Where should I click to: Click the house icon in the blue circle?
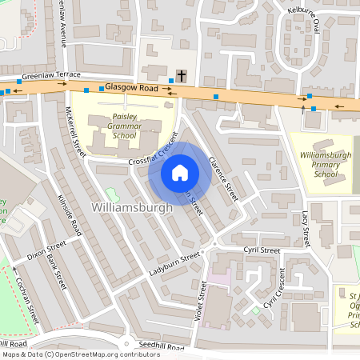[x=180, y=171]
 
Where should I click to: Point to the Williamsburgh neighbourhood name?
[x=133, y=208]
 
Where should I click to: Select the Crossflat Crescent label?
[x=152, y=151]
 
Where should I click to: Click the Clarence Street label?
[x=223, y=176]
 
